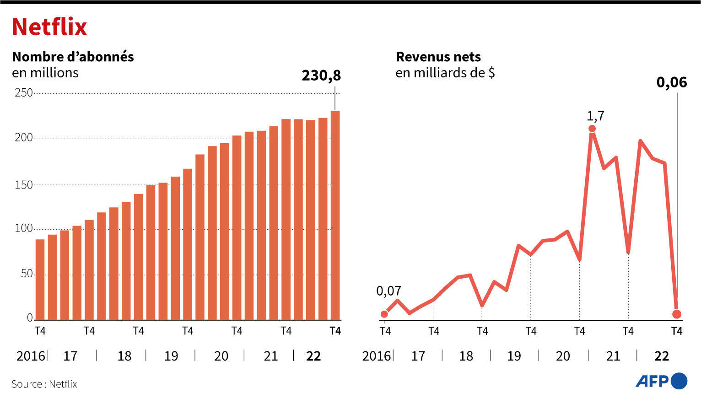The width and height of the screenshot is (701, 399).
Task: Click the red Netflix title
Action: click(x=49, y=27)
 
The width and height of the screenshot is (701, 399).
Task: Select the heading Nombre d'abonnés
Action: click(x=73, y=57)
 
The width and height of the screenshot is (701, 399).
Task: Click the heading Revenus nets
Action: click(x=438, y=57)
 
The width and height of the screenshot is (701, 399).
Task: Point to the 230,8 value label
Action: click(x=321, y=75)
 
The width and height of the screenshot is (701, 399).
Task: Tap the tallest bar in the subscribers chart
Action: click(x=335, y=215)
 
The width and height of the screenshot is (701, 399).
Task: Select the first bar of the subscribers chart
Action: click(x=40, y=279)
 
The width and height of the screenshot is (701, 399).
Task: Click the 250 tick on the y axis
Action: click(x=24, y=93)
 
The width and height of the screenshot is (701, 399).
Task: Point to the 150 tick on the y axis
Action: click(x=24, y=184)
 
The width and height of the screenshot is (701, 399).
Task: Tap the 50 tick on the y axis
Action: click(x=27, y=274)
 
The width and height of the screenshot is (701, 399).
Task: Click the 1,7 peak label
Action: click(x=595, y=116)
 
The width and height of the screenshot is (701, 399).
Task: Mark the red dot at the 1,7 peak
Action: click(x=592, y=129)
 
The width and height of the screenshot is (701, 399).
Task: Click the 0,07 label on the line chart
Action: click(x=388, y=291)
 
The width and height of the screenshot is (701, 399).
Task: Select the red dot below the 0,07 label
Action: click(x=384, y=314)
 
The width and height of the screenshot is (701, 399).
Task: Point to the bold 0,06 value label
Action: click(x=671, y=82)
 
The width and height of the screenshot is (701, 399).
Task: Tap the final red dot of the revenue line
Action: click(x=677, y=314)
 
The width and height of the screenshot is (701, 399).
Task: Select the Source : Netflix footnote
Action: click(x=44, y=384)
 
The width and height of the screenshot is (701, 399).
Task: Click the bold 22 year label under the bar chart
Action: click(x=313, y=356)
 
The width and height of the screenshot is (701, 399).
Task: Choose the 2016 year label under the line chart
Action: click(x=376, y=356)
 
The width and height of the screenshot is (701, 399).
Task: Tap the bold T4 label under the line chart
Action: click(x=676, y=331)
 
